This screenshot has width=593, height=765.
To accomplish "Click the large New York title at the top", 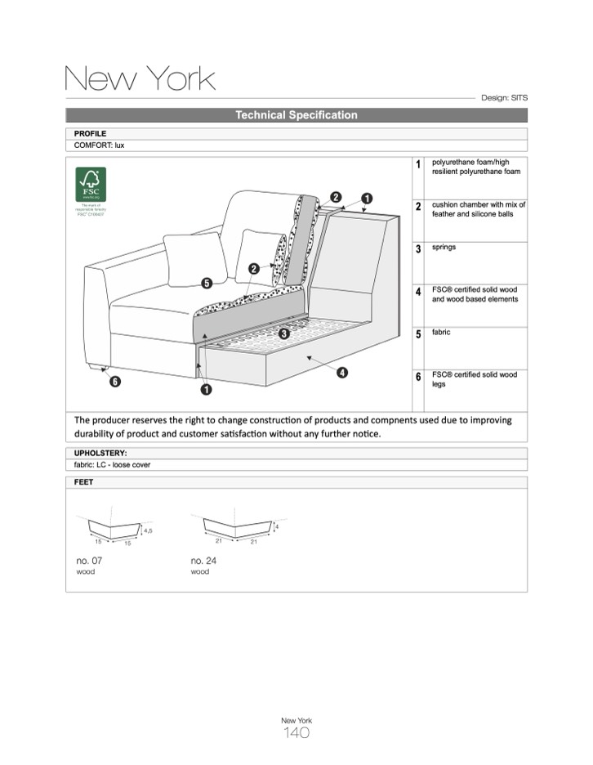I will point(140,78).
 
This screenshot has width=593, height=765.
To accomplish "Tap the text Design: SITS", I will point(504,97).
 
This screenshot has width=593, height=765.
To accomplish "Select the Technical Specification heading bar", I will point(296,115).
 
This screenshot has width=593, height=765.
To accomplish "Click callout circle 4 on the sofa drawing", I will point(341,373).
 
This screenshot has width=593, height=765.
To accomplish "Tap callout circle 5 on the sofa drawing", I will point(207,284).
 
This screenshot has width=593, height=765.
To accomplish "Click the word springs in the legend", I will point(444,247).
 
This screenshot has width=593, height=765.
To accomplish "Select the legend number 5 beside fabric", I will point(418,334).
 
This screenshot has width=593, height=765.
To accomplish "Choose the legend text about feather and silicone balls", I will point(479,209).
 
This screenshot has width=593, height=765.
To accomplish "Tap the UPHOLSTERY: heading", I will point(100,453).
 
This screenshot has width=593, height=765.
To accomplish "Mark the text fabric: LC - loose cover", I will point(112,465).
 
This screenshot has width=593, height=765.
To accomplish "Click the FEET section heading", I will point(84,482).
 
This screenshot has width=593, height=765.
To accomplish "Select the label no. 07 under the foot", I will point(89,561).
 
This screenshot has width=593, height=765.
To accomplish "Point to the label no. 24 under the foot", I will point(203,561).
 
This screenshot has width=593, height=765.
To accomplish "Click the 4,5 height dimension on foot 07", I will point(148,531).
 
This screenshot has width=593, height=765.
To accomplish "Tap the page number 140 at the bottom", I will point(296,733).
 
